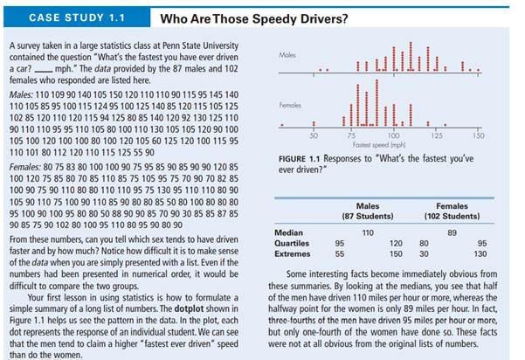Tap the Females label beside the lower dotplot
(290, 104)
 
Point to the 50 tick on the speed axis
(314, 135)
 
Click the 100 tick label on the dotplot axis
(394, 135)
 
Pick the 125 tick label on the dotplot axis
(436, 135)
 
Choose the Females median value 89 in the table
(452, 232)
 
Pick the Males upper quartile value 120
(396, 243)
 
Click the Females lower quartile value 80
(424, 243)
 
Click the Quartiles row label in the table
(291, 243)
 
